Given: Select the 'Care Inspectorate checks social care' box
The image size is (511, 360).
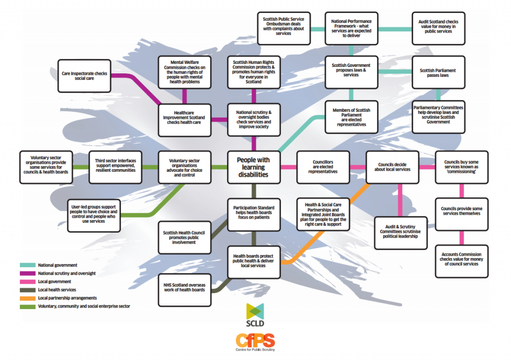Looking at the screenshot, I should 84,76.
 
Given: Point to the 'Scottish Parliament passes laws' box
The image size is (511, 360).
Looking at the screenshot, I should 437,73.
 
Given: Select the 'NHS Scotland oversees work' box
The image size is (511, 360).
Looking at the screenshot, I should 185,290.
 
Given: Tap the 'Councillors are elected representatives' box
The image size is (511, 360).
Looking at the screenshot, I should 323,167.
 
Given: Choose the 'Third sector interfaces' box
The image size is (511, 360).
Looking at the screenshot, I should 115,166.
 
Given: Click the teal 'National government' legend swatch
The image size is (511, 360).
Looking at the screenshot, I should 27,265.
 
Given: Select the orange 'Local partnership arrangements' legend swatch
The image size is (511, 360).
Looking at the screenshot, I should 27,298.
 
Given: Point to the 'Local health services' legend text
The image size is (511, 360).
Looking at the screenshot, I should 56,290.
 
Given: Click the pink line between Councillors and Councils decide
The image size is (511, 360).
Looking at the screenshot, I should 356,167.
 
